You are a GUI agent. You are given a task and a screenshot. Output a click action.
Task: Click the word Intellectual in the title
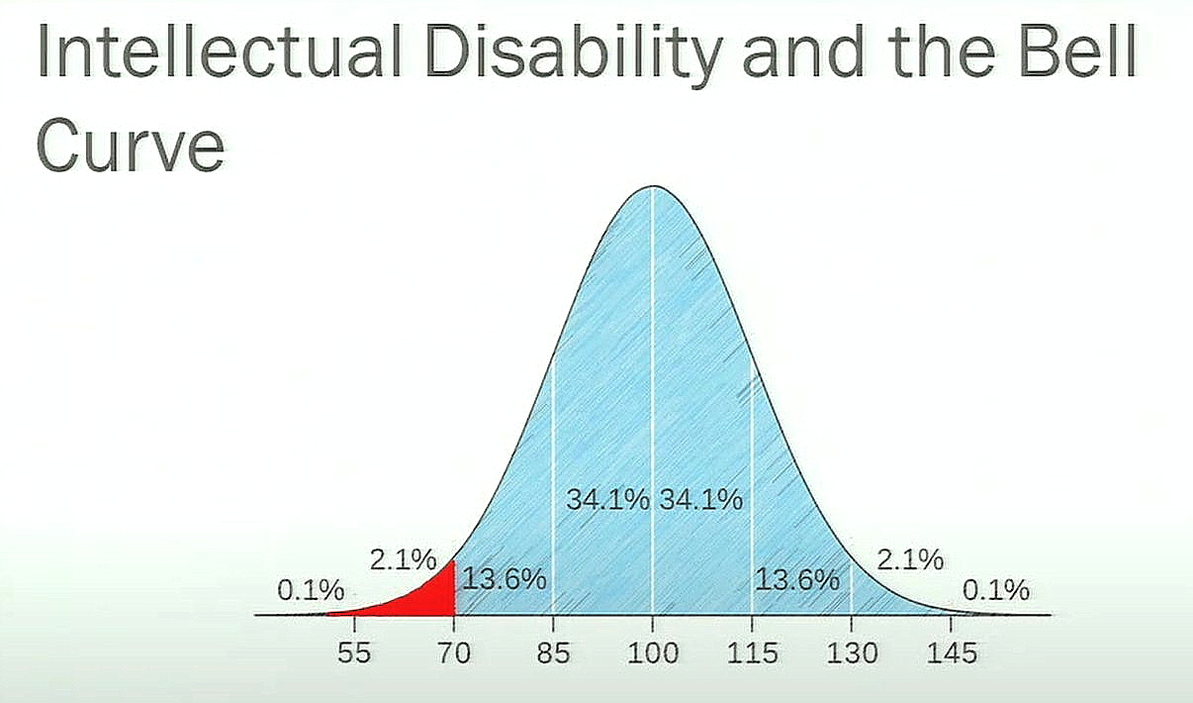pos(220,51)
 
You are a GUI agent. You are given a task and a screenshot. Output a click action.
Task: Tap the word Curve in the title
pos(131,145)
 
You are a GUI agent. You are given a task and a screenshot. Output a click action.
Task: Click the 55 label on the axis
pos(354,653)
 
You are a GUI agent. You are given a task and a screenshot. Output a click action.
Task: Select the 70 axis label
pos(454,653)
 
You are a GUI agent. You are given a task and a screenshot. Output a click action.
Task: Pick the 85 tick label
pos(553,653)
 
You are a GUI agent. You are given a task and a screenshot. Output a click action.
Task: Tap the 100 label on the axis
pos(653,653)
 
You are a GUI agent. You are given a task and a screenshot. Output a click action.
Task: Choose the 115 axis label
pos(753,653)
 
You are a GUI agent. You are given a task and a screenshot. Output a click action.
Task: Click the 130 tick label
pos(852,653)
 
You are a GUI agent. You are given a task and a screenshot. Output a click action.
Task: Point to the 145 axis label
pos(952,653)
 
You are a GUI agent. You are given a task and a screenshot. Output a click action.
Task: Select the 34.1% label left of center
pos(607,500)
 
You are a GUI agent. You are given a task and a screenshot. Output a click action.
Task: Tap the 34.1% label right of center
pos(701,500)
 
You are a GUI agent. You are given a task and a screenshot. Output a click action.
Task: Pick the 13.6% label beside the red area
pos(505,579)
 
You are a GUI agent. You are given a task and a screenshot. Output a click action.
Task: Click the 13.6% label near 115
pos(797,579)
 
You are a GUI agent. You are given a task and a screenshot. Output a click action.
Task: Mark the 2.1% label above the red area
pos(404,559)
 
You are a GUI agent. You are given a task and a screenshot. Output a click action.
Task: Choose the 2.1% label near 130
pos(910,559)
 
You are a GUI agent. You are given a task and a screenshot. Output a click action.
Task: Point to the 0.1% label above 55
pos(311,590)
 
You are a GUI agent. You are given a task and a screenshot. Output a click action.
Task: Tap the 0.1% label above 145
pos(996,590)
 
